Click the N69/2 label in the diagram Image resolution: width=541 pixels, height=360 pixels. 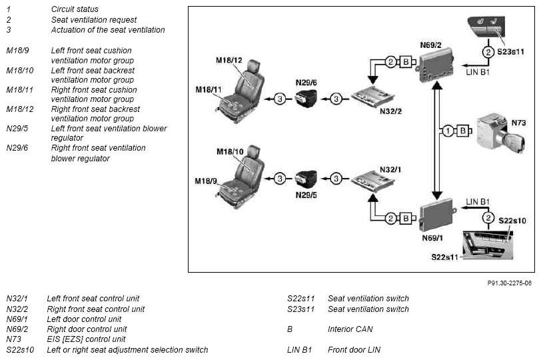point(430,45)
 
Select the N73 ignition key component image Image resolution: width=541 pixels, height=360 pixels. point(500,133)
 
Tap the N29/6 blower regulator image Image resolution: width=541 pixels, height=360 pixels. point(306,99)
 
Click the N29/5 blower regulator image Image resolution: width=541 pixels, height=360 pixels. point(306,179)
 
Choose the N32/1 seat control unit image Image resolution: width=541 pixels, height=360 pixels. point(372,181)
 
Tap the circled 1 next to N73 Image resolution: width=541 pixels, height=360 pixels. point(448,131)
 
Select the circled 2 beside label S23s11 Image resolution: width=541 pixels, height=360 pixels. point(488,52)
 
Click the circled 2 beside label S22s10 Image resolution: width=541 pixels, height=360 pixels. point(488,218)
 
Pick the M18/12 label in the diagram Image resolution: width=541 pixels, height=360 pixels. point(229,61)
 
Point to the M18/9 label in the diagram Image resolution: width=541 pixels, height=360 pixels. point(206,181)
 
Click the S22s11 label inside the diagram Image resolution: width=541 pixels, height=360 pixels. point(445,257)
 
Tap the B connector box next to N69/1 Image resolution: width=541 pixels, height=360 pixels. point(406,219)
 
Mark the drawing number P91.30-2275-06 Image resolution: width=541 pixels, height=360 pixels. point(509,283)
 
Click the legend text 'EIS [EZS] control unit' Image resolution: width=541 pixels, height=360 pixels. point(86,339)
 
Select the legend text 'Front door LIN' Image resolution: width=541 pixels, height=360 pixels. point(354,349)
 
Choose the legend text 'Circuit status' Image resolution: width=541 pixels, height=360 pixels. point(75,9)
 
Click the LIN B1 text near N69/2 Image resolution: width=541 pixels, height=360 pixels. point(478,72)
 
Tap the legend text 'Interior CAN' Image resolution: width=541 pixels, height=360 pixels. point(350,329)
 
